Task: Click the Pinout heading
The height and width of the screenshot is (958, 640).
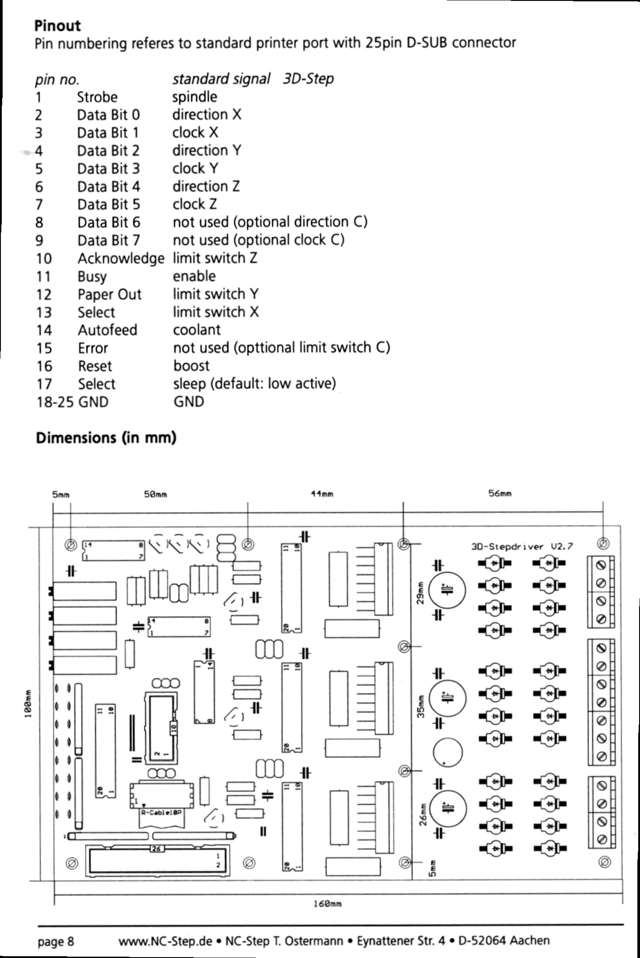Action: coord(57,26)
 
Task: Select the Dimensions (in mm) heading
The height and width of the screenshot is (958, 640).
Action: coord(106,437)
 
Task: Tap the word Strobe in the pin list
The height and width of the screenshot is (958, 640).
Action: coord(97,97)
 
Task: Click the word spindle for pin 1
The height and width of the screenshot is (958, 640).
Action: coord(194,97)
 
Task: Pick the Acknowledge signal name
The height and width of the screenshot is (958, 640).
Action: coord(121,259)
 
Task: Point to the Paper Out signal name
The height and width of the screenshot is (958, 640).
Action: coord(110,294)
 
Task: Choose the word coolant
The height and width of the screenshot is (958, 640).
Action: coord(196,330)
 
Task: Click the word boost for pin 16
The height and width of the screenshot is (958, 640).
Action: coord(191,366)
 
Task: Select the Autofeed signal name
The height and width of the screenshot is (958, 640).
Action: coord(107,330)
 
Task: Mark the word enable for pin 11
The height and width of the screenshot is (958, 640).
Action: coord(194,276)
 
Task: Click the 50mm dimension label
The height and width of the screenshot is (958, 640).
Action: coord(156,494)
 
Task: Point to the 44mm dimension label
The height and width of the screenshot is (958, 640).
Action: coord(322,494)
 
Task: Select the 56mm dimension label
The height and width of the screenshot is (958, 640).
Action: coord(500,494)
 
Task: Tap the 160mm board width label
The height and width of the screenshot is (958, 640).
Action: coord(328,904)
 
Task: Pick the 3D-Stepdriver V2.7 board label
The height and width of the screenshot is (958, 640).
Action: coord(522,547)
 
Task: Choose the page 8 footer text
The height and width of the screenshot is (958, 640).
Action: coord(56,941)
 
